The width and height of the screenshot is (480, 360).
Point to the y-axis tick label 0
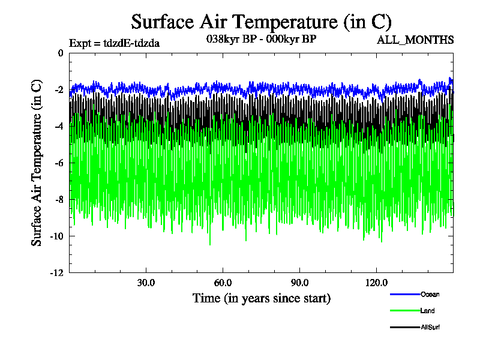coord(60,53)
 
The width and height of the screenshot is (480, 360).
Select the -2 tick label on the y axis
coord(58,90)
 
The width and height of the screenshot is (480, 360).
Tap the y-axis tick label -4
coord(58,127)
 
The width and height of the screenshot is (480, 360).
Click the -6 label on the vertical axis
coord(58,163)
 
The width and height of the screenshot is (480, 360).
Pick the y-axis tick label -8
coord(58,200)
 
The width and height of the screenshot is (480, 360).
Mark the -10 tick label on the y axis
coord(56,236)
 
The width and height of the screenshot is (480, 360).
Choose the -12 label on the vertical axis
coord(56,273)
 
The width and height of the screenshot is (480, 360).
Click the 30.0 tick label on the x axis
coord(146,283)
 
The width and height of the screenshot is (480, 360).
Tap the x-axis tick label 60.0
coord(223,283)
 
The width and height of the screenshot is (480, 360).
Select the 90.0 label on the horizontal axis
coord(299,283)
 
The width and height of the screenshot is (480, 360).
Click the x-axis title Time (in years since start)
coord(261,298)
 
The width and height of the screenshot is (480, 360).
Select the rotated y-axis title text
coord(37,162)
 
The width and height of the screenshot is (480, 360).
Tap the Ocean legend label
coord(430,295)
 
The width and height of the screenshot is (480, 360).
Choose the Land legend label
coord(428,311)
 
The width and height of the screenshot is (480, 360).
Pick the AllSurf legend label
coord(430,327)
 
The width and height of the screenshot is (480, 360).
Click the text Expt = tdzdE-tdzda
coord(114,43)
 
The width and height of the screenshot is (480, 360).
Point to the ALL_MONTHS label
coord(415,40)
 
